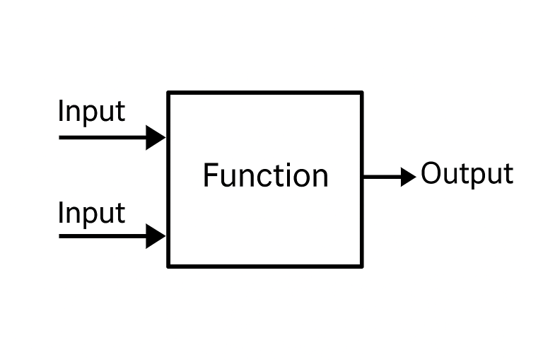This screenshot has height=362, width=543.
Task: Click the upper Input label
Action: pos(91,112)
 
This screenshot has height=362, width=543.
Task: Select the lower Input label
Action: pos(91,213)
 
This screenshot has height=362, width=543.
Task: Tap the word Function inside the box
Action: pos(265,175)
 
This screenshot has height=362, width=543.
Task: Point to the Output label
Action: pos(467,174)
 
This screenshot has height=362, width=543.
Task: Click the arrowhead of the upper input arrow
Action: pos(156,136)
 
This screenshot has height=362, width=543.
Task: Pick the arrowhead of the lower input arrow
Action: pos(156,235)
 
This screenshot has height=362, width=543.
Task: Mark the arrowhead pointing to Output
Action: pos(408,177)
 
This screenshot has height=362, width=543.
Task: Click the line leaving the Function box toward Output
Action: pos(382,177)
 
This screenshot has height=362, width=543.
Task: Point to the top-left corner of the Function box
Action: pos(168,93)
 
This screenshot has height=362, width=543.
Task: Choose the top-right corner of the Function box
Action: pos(362,93)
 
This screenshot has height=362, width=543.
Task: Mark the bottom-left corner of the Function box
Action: pos(168,267)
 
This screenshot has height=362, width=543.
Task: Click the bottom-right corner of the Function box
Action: pos(362,267)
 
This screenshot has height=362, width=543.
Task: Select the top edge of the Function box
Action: pos(265,93)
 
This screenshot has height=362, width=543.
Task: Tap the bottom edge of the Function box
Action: pos(265,267)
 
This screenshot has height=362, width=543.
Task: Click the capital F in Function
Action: pos(210,175)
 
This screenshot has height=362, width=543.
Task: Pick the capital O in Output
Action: pos(431,173)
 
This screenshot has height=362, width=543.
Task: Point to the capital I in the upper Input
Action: pos(60,111)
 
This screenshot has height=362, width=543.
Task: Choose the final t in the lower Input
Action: pos(121,213)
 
